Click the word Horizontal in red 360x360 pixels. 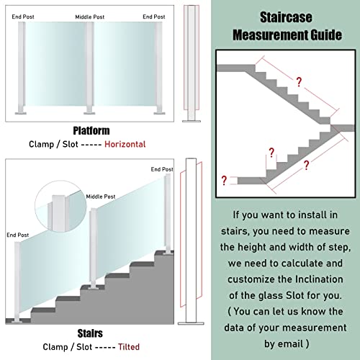[125, 144]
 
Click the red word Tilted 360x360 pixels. [129, 347]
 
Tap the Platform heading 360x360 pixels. [91, 131]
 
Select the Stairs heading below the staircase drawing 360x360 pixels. [90, 333]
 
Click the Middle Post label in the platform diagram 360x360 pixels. [90, 17]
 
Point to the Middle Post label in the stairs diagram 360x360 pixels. [101, 197]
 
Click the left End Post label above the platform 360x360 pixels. [23, 17]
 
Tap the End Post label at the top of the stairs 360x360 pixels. [162, 169]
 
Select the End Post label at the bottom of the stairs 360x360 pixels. [18, 235]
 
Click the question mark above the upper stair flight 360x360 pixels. [299, 82]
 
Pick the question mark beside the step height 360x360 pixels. [271, 153]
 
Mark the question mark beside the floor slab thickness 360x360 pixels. [224, 181]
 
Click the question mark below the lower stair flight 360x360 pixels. [306, 165]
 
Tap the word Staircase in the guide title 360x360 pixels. [286, 17]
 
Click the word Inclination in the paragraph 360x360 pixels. [319, 279]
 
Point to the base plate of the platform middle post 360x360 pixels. [89, 113]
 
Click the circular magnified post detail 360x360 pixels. [60, 207]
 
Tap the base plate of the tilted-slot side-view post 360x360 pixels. [191, 323]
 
